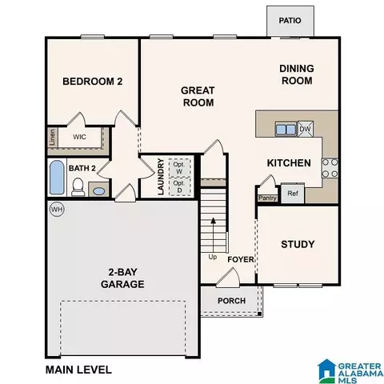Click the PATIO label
click(x=290, y=21)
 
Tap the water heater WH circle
click(x=57, y=210)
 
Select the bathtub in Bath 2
click(x=57, y=178)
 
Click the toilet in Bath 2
click(x=78, y=187)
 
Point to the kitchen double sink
click(x=286, y=129)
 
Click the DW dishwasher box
click(x=306, y=129)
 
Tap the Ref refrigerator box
click(x=293, y=194)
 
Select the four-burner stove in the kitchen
click(x=330, y=168)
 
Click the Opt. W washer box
click(x=179, y=168)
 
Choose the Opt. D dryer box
click(x=179, y=186)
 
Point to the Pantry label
click(x=267, y=198)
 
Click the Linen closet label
click(x=53, y=137)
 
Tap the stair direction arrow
click(x=213, y=235)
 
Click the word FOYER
click(x=241, y=259)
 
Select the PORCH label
click(x=231, y=301)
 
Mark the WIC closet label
click(x=79, y=137)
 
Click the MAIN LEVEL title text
click(x=78, y=370)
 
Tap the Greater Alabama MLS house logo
click(x=327, y=371)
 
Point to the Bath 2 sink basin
click(x=98, y=191)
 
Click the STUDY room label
click(x=298, y=244)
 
